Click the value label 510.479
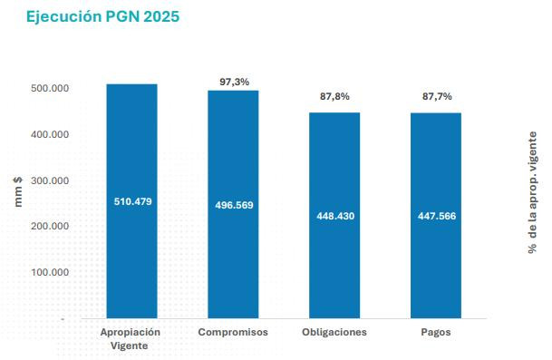tap(131, 201)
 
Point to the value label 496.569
tap(233, 205)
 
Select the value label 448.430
tap(334, 217)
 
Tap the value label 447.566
tap(436, 217)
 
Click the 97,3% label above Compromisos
tap(234, 82)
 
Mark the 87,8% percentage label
tap(334, 96)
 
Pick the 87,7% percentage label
tap(436, 96)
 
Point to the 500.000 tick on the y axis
tap(51, 88)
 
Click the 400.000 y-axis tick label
tap(51, 134)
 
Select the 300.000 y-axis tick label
tap(51, 180)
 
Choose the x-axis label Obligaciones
tap(334, 333)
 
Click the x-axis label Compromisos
tap(233, 333)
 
